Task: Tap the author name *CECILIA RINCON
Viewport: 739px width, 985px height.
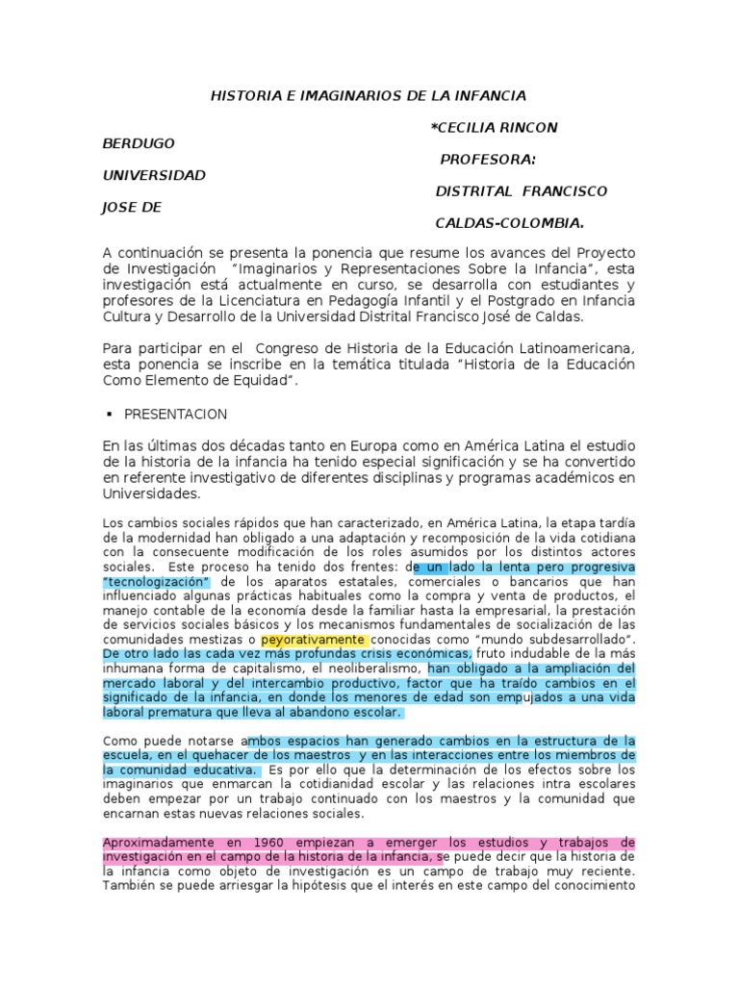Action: click(x=494, y=127)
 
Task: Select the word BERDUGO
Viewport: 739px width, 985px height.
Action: click(x=139, y=143)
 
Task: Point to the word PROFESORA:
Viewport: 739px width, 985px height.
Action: click(x=488, y=159)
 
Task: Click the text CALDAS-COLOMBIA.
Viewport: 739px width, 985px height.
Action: click(x=510, y=223)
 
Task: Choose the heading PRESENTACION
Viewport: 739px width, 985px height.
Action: click(x=175, y=414)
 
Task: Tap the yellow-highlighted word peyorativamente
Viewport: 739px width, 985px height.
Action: click(x=313, y=640)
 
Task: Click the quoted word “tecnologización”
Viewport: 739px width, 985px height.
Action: click(x=156, y=582)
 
